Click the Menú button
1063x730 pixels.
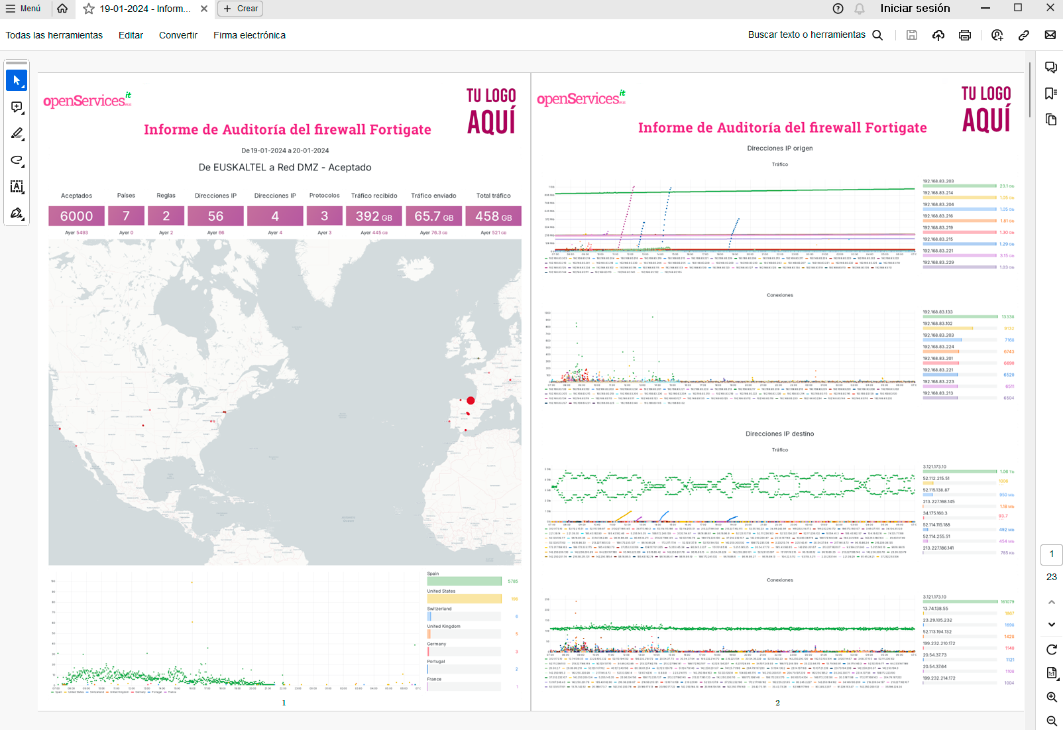click(x=23, y=9)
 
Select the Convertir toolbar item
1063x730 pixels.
click(x=178, y=35)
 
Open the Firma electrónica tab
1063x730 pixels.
click(x=249, y=35)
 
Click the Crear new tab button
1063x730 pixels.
click(x=240, y=9)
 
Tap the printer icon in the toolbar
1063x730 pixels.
click(x=964, y=35)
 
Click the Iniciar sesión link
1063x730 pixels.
click(x=915, y=9)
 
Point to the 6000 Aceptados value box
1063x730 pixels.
click(x=76, y=216)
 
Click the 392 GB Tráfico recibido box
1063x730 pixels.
click(x=374, y=216)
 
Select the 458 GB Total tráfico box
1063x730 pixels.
click(x=493, y=216)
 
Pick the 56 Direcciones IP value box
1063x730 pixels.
click(x=215, y=216)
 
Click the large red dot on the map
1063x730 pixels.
click(x=471, y=400)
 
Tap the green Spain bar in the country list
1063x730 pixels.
click(x=464, y=581)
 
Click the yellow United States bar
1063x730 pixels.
click(x=464, y=599)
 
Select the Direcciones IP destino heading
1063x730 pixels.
click(x=779, y=434)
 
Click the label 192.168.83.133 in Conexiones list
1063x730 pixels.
click(x=938, y=312)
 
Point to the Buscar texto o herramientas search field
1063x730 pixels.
click(x=807, y=35)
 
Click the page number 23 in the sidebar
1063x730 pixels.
click(x=1051, y=577)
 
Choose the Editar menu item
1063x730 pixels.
click(x=131, y=35)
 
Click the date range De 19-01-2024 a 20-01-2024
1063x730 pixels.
click(x=285, y=151)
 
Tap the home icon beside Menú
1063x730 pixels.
click(x=62, y=9)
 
